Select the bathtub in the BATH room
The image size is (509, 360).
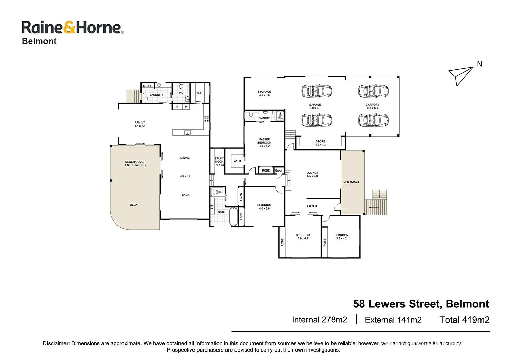(x=233, y=216)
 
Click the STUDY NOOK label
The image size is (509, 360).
(x=219, y=160)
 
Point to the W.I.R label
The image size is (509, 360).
(x=237, y=161)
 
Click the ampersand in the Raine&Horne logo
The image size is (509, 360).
(x=69, y=28)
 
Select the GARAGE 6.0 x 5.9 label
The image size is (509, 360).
(x=315, y=106)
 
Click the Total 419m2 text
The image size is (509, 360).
(x=464, y=320)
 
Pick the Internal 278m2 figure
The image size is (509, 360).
(x=319, y=320)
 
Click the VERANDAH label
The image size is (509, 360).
(x=351, y=182)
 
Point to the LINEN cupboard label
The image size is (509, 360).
(x=241, y=197)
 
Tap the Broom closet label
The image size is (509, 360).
(x=279, y=170)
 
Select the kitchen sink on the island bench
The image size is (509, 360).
(x=187, y=132)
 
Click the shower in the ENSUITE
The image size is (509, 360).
(x=280, y=115)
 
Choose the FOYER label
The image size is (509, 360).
(x=312, y=206)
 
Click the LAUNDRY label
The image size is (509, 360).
(x=156, y=95)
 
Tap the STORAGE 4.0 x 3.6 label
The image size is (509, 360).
(x=264, y=93)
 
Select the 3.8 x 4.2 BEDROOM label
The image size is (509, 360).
(x=341, y=237)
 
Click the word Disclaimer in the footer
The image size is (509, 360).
(x=56, y=343)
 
